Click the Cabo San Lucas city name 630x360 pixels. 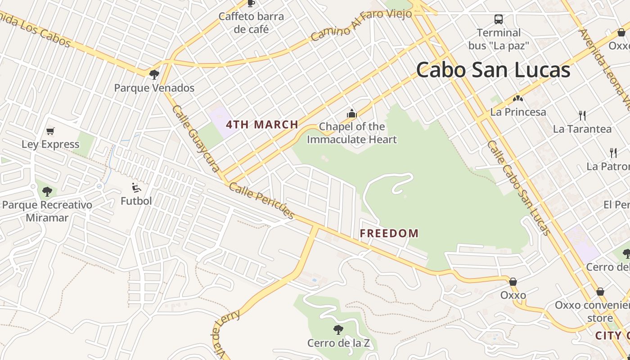pyautogui.click(x=493, y=70)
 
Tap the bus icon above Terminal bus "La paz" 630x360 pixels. pyautogui.click(x=499, y=19)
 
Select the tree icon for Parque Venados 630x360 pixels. pyautogui.click(x=154, y=74)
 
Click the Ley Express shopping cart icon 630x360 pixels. pyautogui.click(x=50, y=131)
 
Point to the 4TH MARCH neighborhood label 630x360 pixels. pyautogui.click(x=262, y=125)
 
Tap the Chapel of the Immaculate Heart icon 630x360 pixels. pyautogui.click(x=351, y=113)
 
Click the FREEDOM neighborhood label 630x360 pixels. pyautogui.click(x=389, y=233)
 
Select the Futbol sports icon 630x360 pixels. pyautogui.click(x=136, y=188)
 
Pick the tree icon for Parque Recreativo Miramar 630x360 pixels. pyautogui.click(x=47, y=192)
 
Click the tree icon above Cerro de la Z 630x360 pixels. pyautogui.click(x=338, y=330)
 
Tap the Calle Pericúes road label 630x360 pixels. pyautogui.click(x=262, y=200)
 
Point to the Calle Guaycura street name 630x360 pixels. pyautogui.click(x=196, y=139)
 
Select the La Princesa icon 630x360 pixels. pyautogui.click(x=518, y=99)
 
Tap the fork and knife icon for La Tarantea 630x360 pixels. pyautogui.click(x=582, y=116)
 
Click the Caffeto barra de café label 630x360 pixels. pyautogui.click(x=251, y=23)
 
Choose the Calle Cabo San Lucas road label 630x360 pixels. pyautogui.click(x=519, y=188)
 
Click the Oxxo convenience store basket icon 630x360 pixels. pyautogui.click(x=600, y=292)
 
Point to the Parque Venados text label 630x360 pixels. pyautogui.click(x=154, y=88)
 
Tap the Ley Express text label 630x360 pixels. pyautogui.click(x=50, y=144)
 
